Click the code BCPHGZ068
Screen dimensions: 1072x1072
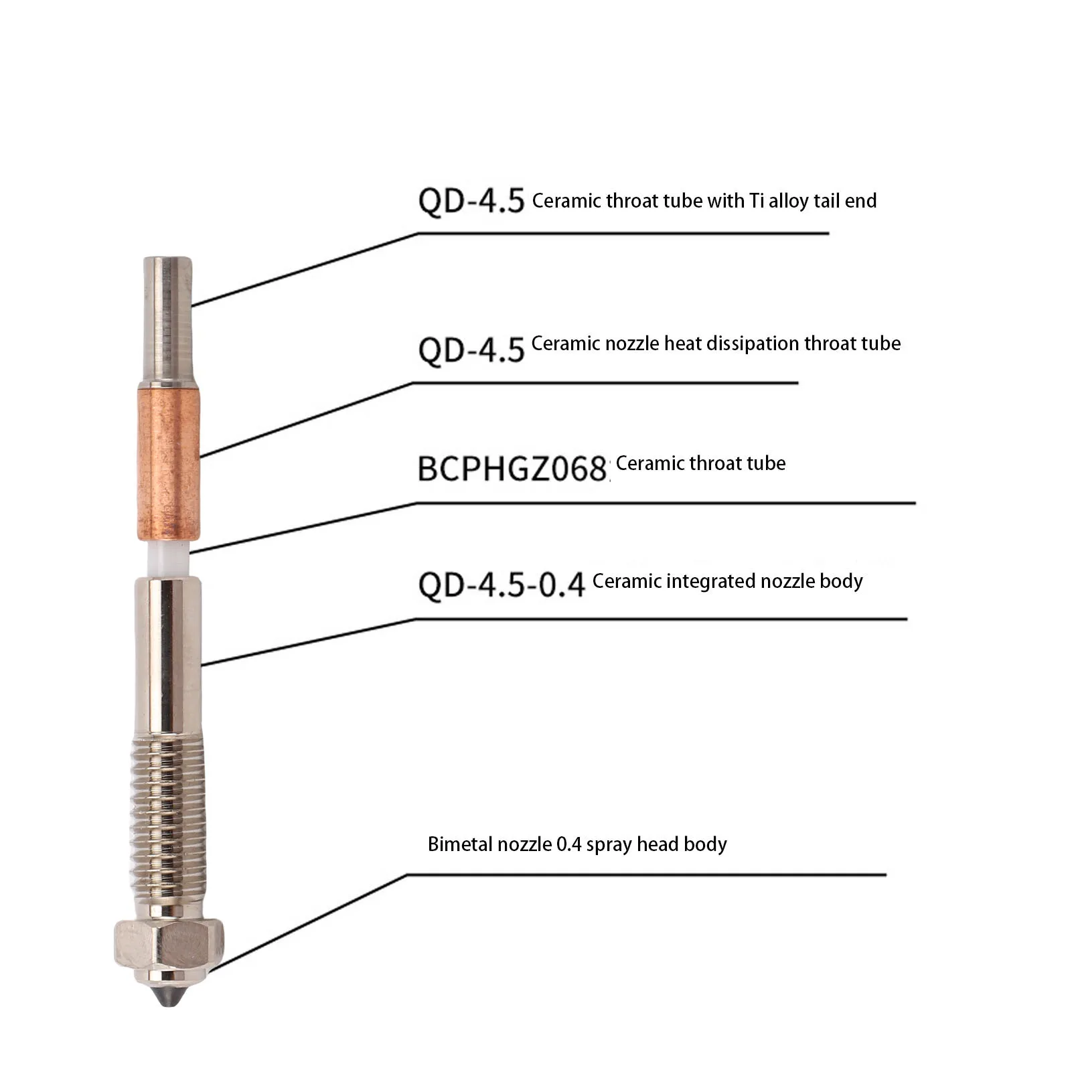[x=512, y=469]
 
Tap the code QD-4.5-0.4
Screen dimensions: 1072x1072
[x=502, y=585]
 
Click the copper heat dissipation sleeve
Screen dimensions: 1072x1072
[x=169, y=461]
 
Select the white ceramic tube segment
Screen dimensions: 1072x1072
[x=168, y=558]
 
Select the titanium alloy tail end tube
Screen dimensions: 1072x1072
[x=167, y=319]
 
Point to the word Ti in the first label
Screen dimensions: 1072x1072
[x=757, y=201]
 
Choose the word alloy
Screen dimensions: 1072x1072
[x=789, y=202]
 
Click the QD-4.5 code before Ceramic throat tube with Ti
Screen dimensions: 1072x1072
[x=471, y=201]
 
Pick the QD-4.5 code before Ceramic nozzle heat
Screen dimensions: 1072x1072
[x=471, y=350]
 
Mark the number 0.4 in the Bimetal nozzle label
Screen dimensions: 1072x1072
[x=568, y=844]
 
